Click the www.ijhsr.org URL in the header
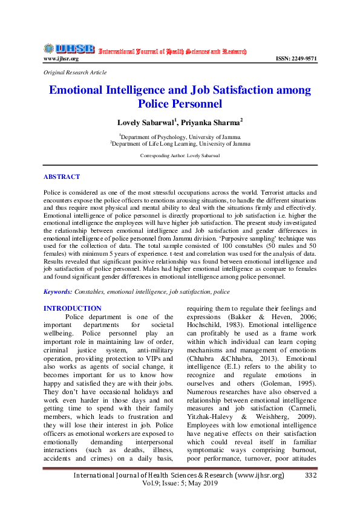click(61, 59)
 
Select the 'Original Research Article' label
click(75, 72)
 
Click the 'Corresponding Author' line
click(180, 155)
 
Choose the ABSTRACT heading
click(61, 177)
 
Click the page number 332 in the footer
click(310, 476)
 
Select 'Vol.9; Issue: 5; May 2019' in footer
click(180, 485)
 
